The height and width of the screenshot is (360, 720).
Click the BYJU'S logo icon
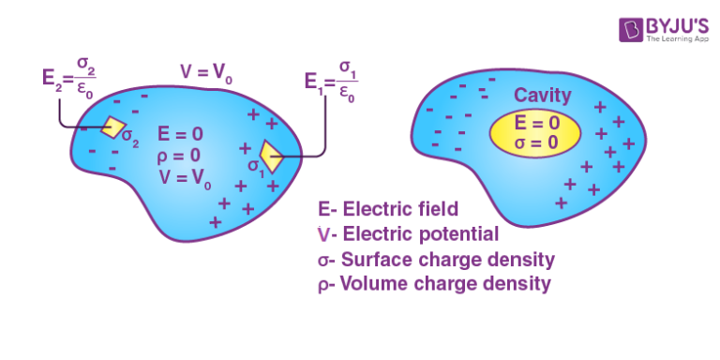tap(631, 28)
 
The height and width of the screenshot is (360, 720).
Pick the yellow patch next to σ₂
tap(113, 127)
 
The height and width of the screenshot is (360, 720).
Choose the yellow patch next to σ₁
tap(272, 156)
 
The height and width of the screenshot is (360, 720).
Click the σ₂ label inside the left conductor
tap(130, 142)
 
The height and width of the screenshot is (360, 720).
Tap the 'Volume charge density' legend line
tap(433, 281)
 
